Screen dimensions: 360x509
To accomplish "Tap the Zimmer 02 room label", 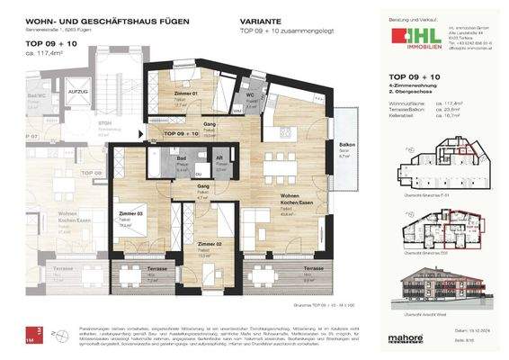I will (210, 244).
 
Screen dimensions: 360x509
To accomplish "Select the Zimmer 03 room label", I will (131, 214).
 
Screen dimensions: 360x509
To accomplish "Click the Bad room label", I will (180, 157).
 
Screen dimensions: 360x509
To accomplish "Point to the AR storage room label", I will (219, 157).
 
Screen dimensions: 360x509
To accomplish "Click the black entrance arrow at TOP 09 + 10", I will (148, 133).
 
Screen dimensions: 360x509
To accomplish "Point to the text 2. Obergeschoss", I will (413, 94).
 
